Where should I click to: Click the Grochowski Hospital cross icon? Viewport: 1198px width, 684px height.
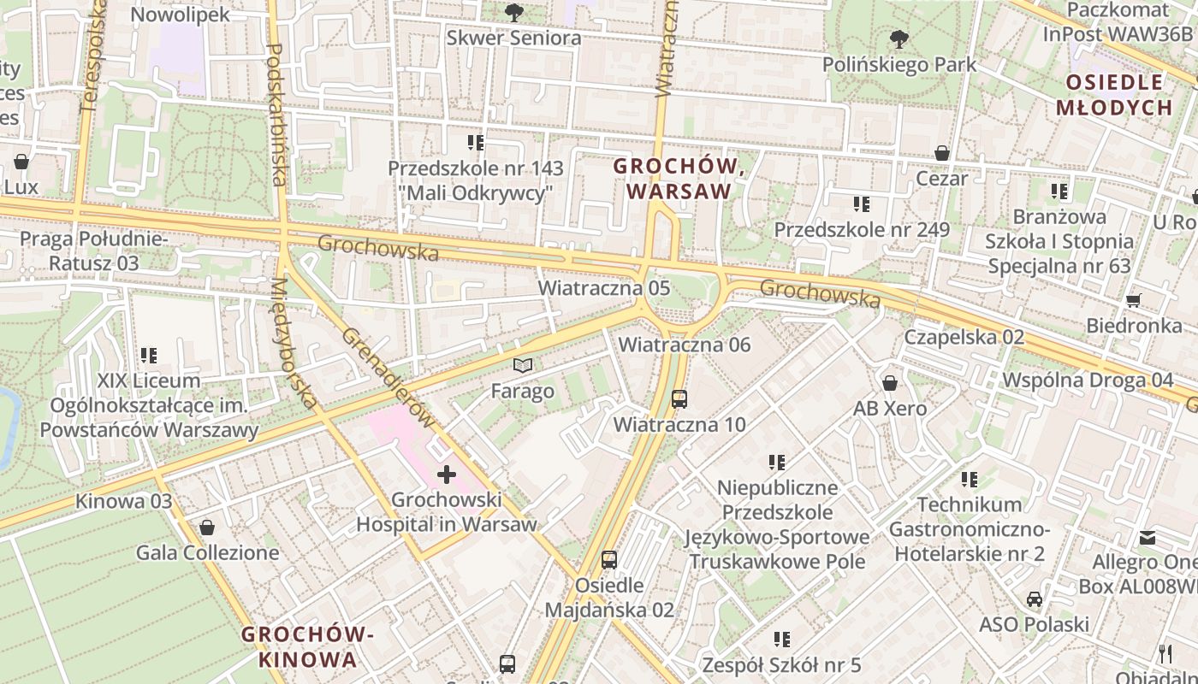point(447,474)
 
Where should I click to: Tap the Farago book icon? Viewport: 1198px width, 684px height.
point(523,366)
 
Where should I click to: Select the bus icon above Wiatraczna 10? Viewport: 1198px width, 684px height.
point(679,398)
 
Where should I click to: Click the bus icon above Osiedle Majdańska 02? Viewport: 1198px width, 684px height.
point(609,560)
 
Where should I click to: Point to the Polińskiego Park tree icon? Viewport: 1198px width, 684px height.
point(898,38)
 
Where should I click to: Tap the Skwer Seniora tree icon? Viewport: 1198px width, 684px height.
point(513,12)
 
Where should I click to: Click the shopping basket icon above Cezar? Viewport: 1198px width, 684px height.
point(942,153)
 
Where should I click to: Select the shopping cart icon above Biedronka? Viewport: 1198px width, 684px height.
point(1134,300)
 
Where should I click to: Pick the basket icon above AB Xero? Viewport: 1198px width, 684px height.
point(890,382)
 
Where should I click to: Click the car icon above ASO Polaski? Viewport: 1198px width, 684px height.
point(1035,598)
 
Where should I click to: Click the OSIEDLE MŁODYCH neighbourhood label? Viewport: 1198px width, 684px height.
point(1113,95)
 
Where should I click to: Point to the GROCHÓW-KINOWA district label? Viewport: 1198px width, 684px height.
point(308,646)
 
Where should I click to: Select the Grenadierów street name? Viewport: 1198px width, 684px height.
point(388,376)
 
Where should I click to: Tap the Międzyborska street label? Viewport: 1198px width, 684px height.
point(294,342)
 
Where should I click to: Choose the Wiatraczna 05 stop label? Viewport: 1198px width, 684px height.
point(603,287)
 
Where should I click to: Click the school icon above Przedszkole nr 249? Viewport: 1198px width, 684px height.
point(862,204)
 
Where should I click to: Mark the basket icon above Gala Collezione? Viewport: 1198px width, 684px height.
point(206,528)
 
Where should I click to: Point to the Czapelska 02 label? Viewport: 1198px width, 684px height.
point(964,337)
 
